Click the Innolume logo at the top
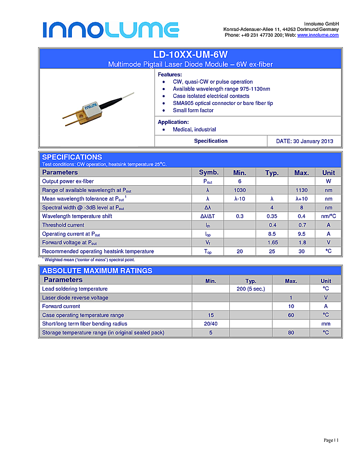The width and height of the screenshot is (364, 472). [111, 29]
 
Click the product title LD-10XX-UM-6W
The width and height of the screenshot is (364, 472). [190, 55]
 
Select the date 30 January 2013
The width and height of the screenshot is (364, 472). [304, 141]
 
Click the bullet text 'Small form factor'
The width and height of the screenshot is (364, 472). [193, 110]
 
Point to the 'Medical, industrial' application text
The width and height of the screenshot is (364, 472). [194, 130]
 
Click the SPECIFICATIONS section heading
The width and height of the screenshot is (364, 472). [72, 157]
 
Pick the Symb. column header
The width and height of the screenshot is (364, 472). [209, 173]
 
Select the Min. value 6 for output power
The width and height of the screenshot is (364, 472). [239, 181]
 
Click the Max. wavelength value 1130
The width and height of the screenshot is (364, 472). [301, 190]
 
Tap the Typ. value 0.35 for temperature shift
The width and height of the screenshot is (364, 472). [272, 216]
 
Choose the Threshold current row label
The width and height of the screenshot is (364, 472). [63, 225]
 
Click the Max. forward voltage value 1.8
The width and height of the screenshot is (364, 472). [301, 242]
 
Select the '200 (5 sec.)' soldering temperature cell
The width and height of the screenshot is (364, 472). [251, 289]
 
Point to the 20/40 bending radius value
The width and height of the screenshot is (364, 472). [210, 324]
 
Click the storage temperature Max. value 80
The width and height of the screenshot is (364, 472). [291, 332]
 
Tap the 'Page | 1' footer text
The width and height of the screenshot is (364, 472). [331, 440]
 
